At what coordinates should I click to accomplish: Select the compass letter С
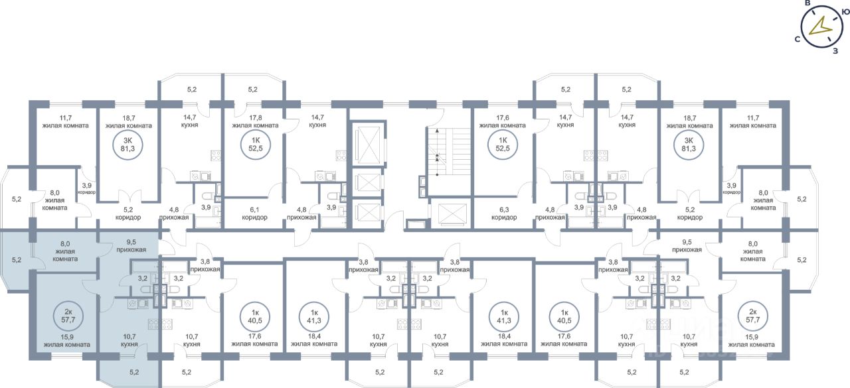796,40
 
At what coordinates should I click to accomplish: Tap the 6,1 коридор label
254,212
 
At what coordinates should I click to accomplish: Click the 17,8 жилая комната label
254,121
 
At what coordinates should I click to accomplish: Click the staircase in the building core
438,153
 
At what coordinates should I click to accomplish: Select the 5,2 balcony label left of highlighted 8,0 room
17,261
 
